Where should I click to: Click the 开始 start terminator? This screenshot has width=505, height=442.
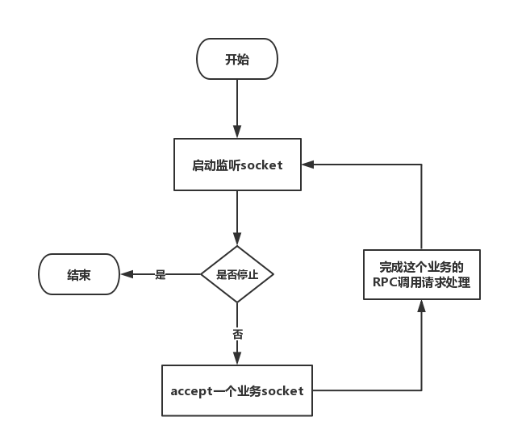[x=237, y=59]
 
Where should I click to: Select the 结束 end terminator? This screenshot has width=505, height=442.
[x=79, y=274]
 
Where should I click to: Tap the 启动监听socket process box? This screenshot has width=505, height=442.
[x=237, y=165]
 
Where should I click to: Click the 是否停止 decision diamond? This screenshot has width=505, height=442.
[x=237, y=274]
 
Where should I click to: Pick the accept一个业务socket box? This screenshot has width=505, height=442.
[x=237, y=390]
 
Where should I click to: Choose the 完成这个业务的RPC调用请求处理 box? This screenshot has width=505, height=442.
[x=422, y=274]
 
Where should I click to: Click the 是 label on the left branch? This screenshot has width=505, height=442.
[x=160, y=274]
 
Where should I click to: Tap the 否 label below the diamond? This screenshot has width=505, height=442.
[x=238, y=335]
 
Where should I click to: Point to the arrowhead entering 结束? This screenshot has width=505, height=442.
[x=127, y=274]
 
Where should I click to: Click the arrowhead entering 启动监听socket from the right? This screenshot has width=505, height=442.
[x=308, y=165]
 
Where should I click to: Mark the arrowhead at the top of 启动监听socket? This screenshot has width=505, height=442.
[x=237, y=132]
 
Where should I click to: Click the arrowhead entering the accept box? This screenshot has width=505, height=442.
[x=237, y=358]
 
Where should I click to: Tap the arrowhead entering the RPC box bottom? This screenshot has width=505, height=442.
[x=422, y=306]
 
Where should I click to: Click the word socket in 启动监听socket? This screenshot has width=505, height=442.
[x=262, y=165]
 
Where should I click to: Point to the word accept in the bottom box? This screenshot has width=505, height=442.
[x=192, y=392]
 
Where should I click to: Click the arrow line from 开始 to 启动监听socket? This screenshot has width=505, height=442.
[x=237, y=109]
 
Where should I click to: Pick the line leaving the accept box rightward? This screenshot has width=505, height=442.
[x=367, y=390]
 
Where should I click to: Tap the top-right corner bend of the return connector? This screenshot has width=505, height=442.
[x=422, y=165]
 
